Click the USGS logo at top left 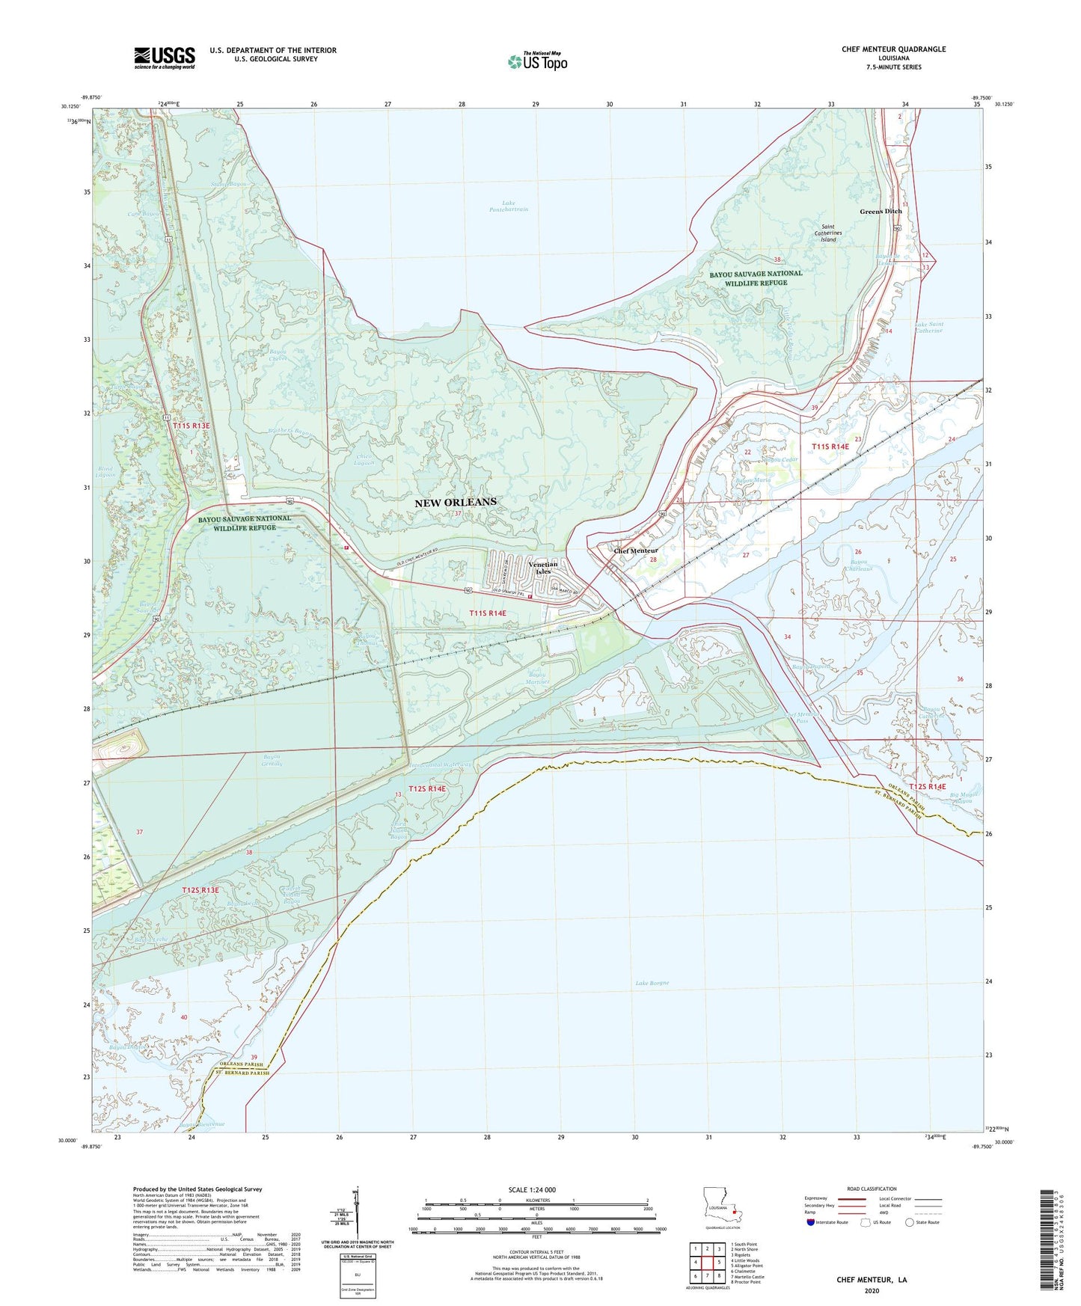click(x=165, y=58)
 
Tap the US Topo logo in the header click(x=537, y=61)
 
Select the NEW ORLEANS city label click(x=456, y=502)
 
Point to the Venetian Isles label click(x=542, y=568)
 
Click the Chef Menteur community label click(x=635, y=551)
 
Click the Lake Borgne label click(x=652, y=983)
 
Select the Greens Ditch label click(x=881, y=212)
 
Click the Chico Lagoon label click(x=364, y=459)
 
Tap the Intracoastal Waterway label click(x=446, y=764)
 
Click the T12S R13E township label click(x=200, y=890)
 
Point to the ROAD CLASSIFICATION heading click(x=872, y=1189)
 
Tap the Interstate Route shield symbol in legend click(x=811, y=1222)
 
